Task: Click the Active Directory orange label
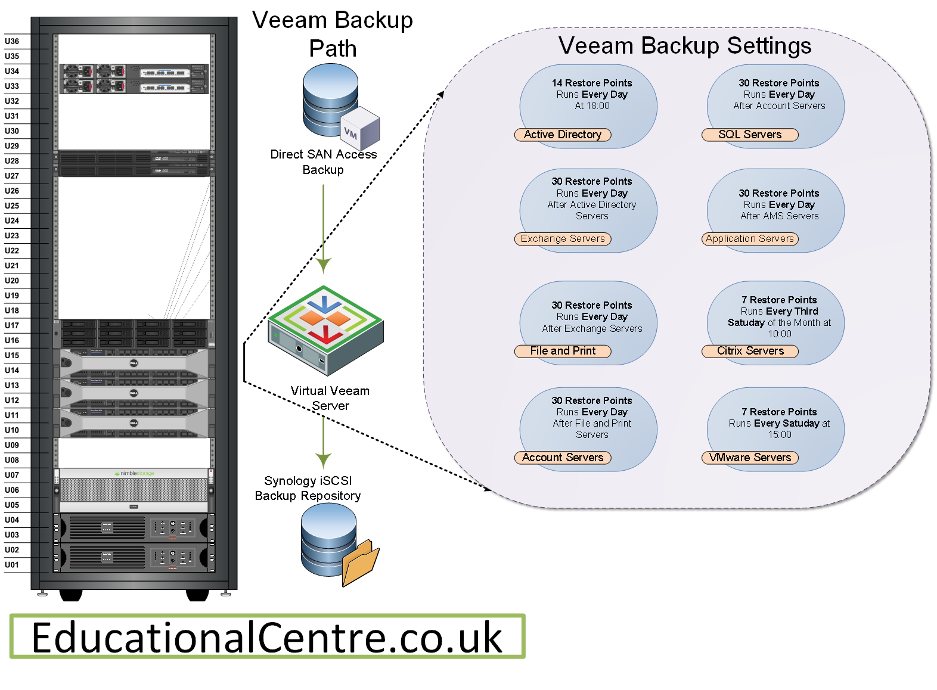[562, 135]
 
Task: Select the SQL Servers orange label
[749, 135]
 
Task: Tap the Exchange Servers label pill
[562, 239]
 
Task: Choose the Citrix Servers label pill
[749, 351]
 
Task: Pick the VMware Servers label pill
[749, 458]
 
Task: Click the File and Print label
[562, 351]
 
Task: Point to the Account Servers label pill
[562, 458]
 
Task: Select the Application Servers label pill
[749, 239]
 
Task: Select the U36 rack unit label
[12, 41]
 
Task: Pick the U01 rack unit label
[12, 565]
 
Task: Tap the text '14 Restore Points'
[591, 83]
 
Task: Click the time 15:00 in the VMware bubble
[779, 435]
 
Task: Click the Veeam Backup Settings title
[684, 46]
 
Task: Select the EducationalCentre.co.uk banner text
[267, 638]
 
